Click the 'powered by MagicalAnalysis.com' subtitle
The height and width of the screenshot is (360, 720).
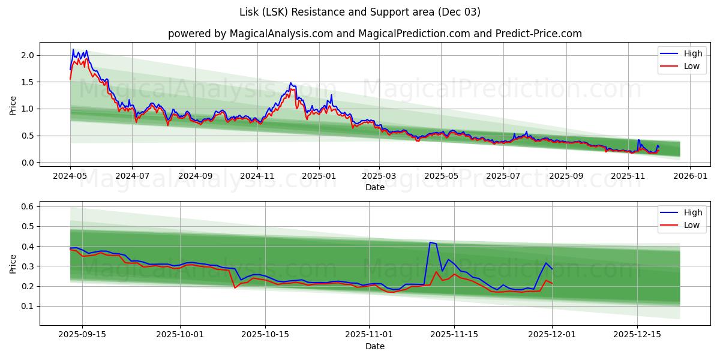click(374, 34)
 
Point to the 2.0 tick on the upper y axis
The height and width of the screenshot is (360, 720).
click(28, 55)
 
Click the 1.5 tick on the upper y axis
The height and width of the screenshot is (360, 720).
click(28, 82)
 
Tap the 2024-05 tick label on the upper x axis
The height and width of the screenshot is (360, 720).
click(70, 176)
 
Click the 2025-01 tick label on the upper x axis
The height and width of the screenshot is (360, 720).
click(319, 176)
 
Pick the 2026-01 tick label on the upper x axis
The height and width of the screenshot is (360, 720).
click(690, 176)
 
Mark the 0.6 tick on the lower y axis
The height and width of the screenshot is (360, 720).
click(28, 206)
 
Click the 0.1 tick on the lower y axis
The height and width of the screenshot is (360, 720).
click(28, 306)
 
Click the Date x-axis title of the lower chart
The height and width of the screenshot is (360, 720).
click(374, 347)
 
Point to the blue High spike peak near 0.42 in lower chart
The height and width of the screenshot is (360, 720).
click(430, 242)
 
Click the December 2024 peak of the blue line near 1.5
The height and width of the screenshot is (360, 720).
click(290, 83)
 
